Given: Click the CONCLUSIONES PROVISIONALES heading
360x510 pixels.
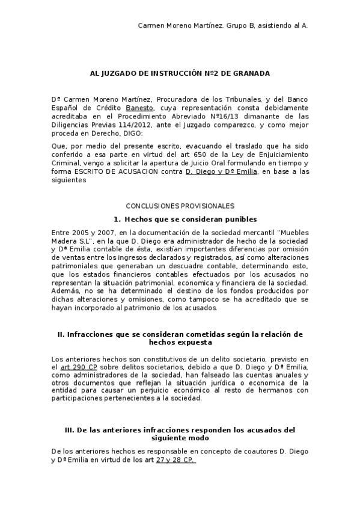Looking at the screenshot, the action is (180, 206).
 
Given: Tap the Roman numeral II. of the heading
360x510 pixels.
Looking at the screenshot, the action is (61, 334).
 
